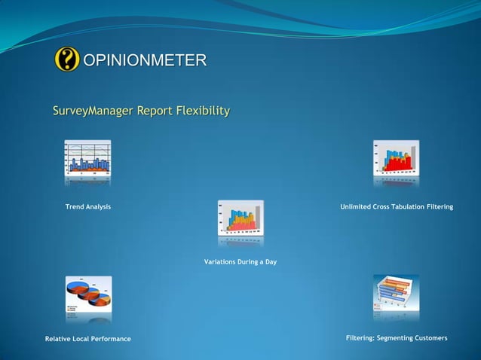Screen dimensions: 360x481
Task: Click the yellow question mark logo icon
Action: (x=67, y=59)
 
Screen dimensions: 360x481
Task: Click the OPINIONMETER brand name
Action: (x=143, y=60)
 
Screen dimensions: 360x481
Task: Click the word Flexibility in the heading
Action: (x=202, y=111)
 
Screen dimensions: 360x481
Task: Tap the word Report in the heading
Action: (x=154, y=112)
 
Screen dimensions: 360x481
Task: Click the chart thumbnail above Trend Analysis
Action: (x=87, y=158)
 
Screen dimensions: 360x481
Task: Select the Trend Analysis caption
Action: (x=87, y=206)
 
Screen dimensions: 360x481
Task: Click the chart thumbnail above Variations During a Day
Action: (x=240, y=218)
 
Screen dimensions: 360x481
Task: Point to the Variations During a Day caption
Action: (x=240, y=261)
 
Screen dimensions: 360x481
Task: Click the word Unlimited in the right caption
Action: (x=357, y=206)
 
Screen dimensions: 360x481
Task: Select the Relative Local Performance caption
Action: (x=87, y=339)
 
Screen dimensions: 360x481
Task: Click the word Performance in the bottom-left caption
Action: (x=110, y=339)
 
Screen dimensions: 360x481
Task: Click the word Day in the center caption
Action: (x=270, y=261)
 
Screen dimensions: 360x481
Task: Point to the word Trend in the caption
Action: (x=75, y=206)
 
